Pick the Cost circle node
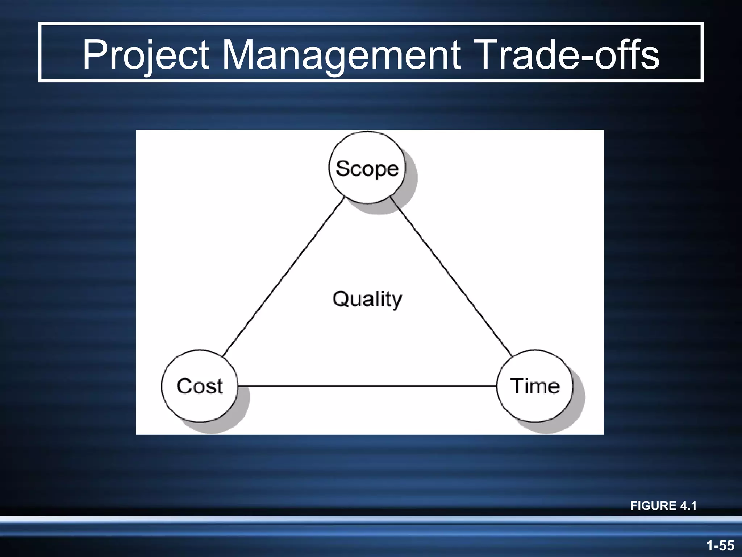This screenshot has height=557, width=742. coord(200,386)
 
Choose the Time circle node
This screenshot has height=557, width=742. coord(535,386)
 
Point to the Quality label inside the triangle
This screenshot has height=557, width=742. coord(367,299)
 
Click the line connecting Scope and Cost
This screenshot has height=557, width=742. coord(283,277)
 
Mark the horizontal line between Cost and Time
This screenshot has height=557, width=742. coord(367,386)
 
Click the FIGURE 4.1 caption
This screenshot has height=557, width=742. coord(663,506)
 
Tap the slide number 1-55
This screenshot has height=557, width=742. coord(720,545)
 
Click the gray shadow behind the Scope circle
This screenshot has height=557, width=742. coord(412,189)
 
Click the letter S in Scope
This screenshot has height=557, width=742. coord(342,168)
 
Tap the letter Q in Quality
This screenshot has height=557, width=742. coord(340,299)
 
